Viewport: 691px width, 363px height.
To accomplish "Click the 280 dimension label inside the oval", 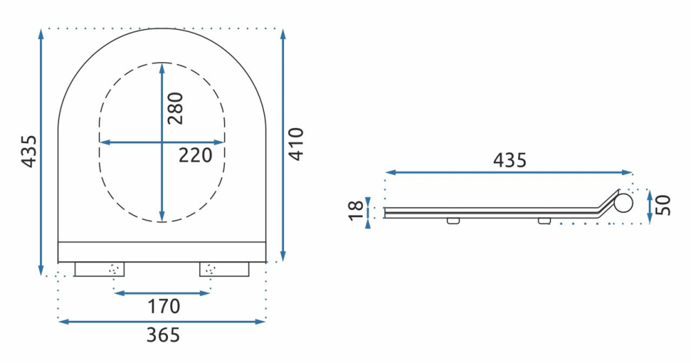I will pos(176,108).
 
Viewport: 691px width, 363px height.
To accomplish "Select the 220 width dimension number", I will pos(195,156).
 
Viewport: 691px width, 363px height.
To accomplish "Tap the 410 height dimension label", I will pos(296,144).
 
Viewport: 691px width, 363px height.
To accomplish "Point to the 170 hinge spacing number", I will pos(163,306).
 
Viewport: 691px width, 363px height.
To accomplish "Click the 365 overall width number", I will pos(163,335).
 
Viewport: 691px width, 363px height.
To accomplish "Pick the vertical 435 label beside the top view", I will pos(28,151).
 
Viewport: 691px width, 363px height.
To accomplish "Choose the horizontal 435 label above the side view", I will pos(509,160).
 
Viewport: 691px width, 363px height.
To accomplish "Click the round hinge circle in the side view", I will pos(625,203).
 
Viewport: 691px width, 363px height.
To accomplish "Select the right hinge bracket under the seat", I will pos(224,269).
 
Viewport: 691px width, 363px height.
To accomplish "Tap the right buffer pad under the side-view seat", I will pos(545,221).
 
